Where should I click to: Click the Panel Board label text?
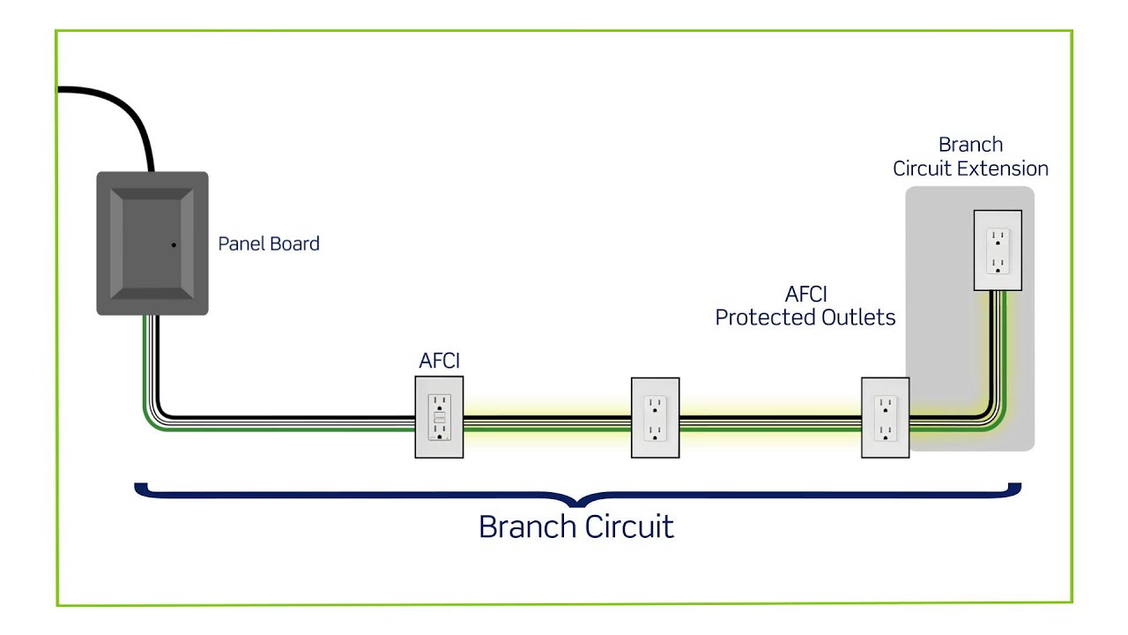[x=269, y=244]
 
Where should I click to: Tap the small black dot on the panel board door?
[x=174, y=244]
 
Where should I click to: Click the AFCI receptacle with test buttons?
[x=439, y=417]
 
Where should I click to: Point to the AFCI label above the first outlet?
[x=439, y=361]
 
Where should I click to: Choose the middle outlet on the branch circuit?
[x=655, y=417]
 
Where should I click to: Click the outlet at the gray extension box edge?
[x=885, y=417]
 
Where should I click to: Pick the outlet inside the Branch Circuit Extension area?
[x=998, y=250]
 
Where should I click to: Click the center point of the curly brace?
[x=577, y=501]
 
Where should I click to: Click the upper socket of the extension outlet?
[x=998, y=237]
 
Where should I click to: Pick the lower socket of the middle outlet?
[x=655, y=432]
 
